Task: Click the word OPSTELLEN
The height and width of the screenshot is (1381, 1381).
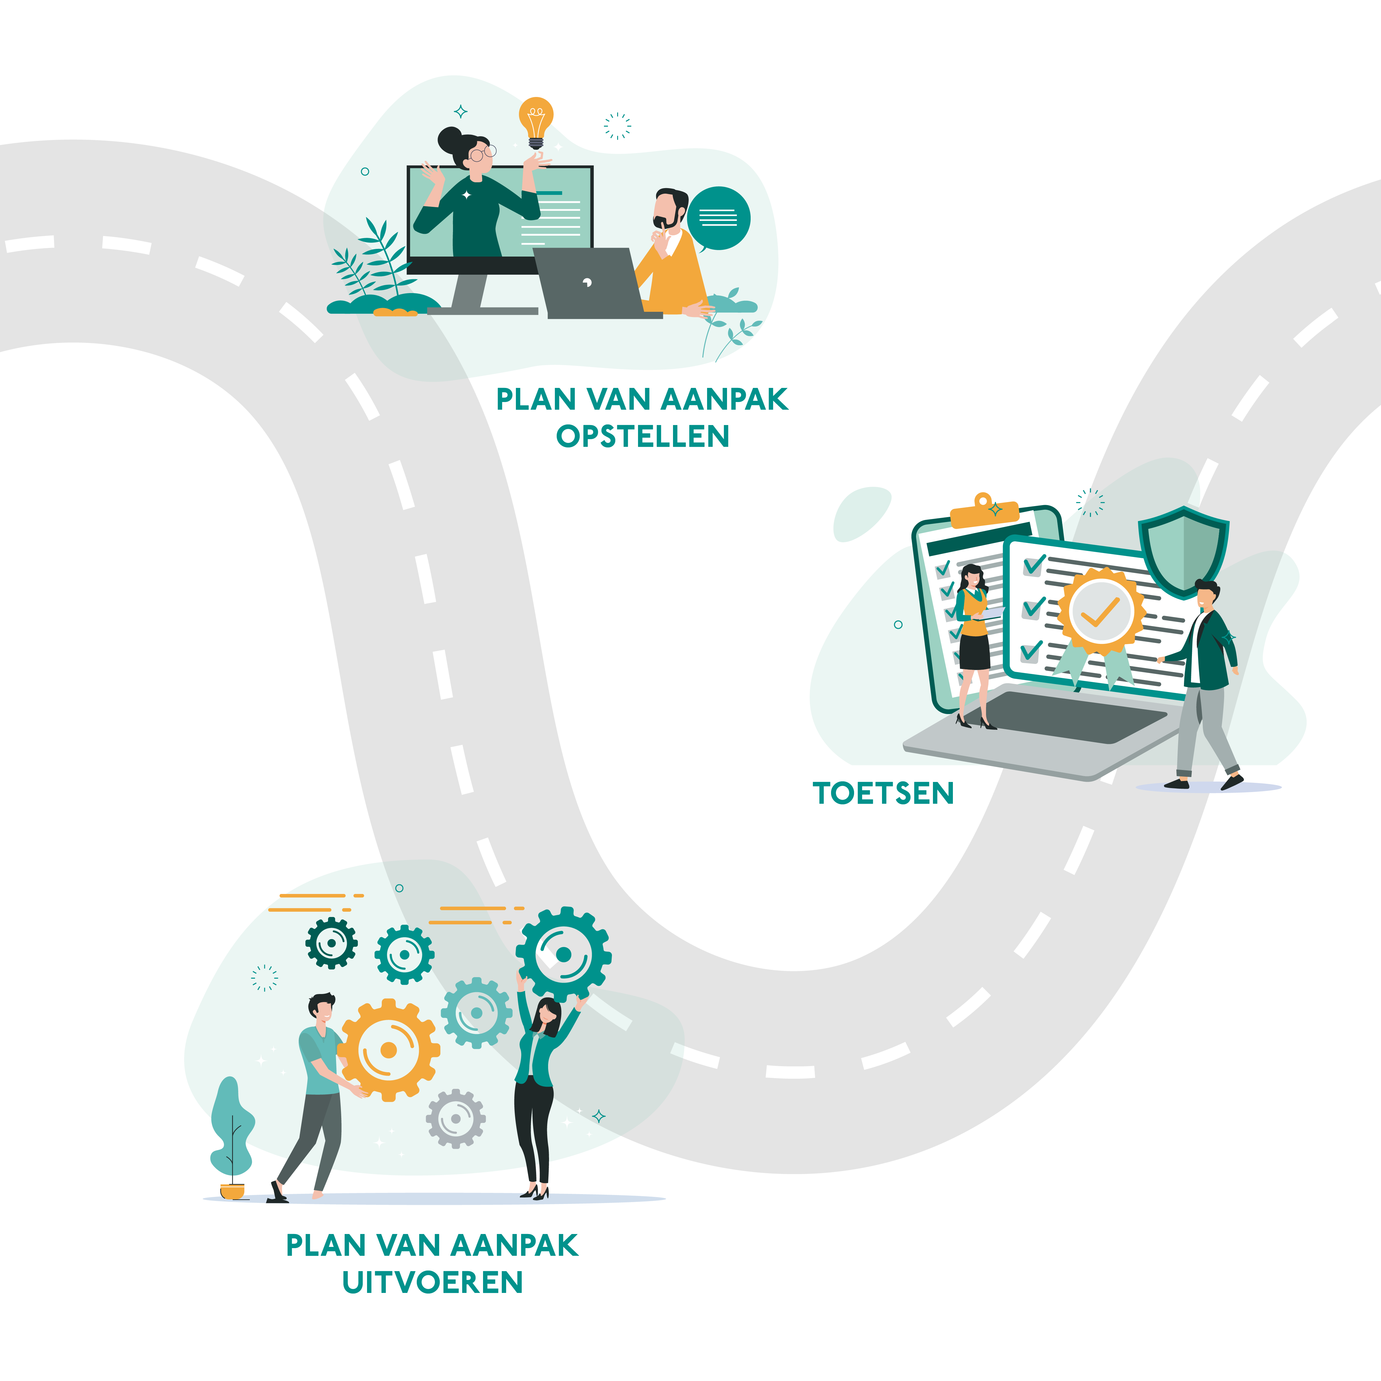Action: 643,436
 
